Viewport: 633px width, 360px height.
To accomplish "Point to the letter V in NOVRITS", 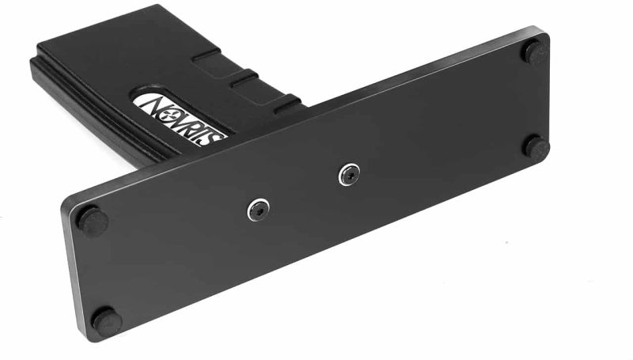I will (178, 116).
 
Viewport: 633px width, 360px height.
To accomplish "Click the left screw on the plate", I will (259, 210).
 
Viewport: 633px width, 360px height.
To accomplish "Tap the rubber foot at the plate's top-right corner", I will (535, 52).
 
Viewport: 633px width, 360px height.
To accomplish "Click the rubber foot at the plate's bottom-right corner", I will (536, 147).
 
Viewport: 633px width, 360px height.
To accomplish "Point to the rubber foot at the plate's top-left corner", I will (93, 221).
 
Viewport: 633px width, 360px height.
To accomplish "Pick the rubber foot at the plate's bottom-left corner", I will (106, 320).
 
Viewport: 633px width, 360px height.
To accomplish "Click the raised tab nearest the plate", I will (286, 100).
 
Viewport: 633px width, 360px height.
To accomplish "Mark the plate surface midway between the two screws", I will (303, 192).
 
